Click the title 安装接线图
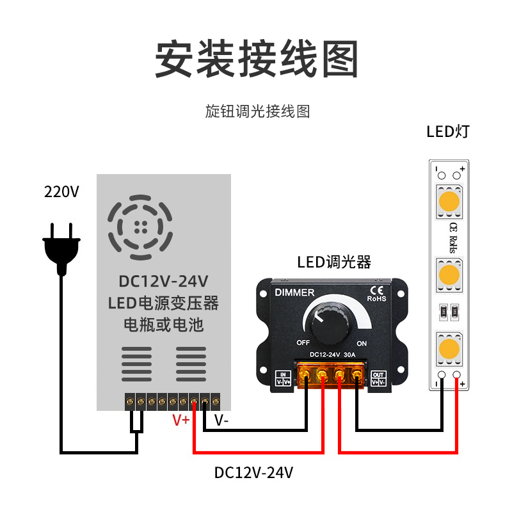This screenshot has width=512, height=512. pos(257,59)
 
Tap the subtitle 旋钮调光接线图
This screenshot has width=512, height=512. pos(257,111)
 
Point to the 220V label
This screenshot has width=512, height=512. pos(61,191)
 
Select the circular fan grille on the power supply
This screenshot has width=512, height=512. pos(140,227)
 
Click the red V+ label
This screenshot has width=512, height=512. pos(181,420)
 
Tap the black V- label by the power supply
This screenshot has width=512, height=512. pos(221,420)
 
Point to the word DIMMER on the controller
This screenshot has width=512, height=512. pos(294,292)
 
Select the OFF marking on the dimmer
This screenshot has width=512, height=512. pos(303,342)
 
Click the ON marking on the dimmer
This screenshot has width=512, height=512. pos(362,344)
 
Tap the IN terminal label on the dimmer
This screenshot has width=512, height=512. pos(283,378)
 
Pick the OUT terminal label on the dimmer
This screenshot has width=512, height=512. pos(378,378)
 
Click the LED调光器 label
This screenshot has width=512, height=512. pos(334,262)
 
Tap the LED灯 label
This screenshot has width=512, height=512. pos(448,132)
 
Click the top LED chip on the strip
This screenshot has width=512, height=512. pos(449,202)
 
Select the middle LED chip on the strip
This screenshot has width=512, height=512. pos(449,275)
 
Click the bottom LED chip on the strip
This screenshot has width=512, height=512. pos(449,348)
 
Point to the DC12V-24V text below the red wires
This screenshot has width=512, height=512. pos(253,472)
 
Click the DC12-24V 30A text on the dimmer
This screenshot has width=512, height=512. pos(332,355)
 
